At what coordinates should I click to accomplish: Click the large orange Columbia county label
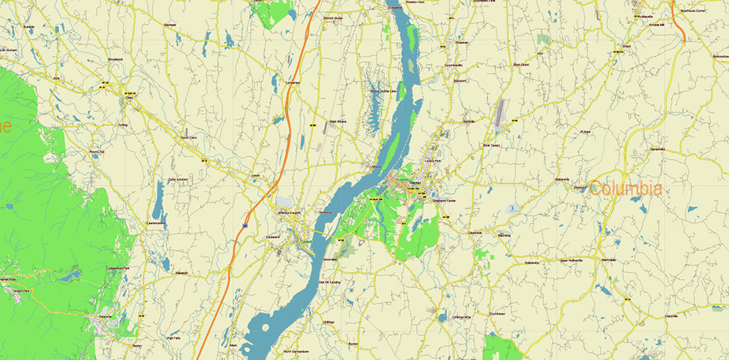tap(626, 189)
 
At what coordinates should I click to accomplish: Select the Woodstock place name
tap(116, 58)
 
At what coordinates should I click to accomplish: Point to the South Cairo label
tap(189, 136)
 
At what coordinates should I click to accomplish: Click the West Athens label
tap(338, 121)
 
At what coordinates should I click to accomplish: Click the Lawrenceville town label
tap(157, 222)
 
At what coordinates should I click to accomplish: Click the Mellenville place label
tap(561, 179)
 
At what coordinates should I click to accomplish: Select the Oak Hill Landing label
tap(330, 281)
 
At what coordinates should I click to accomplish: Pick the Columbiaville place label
tap(454, 65)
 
